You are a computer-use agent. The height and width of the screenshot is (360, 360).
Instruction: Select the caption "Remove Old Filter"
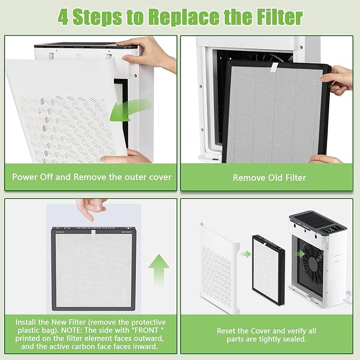click(269, 177)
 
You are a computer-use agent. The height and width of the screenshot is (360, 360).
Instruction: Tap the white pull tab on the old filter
click(273, 67)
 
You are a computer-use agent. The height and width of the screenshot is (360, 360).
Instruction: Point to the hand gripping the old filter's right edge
click(339, 78)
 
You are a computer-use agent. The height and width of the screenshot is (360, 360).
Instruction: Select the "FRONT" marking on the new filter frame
click(127, 232)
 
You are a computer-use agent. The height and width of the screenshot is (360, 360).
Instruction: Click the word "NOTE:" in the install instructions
click(69, 331)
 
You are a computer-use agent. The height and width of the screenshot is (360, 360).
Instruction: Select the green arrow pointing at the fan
click(300, 254)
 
